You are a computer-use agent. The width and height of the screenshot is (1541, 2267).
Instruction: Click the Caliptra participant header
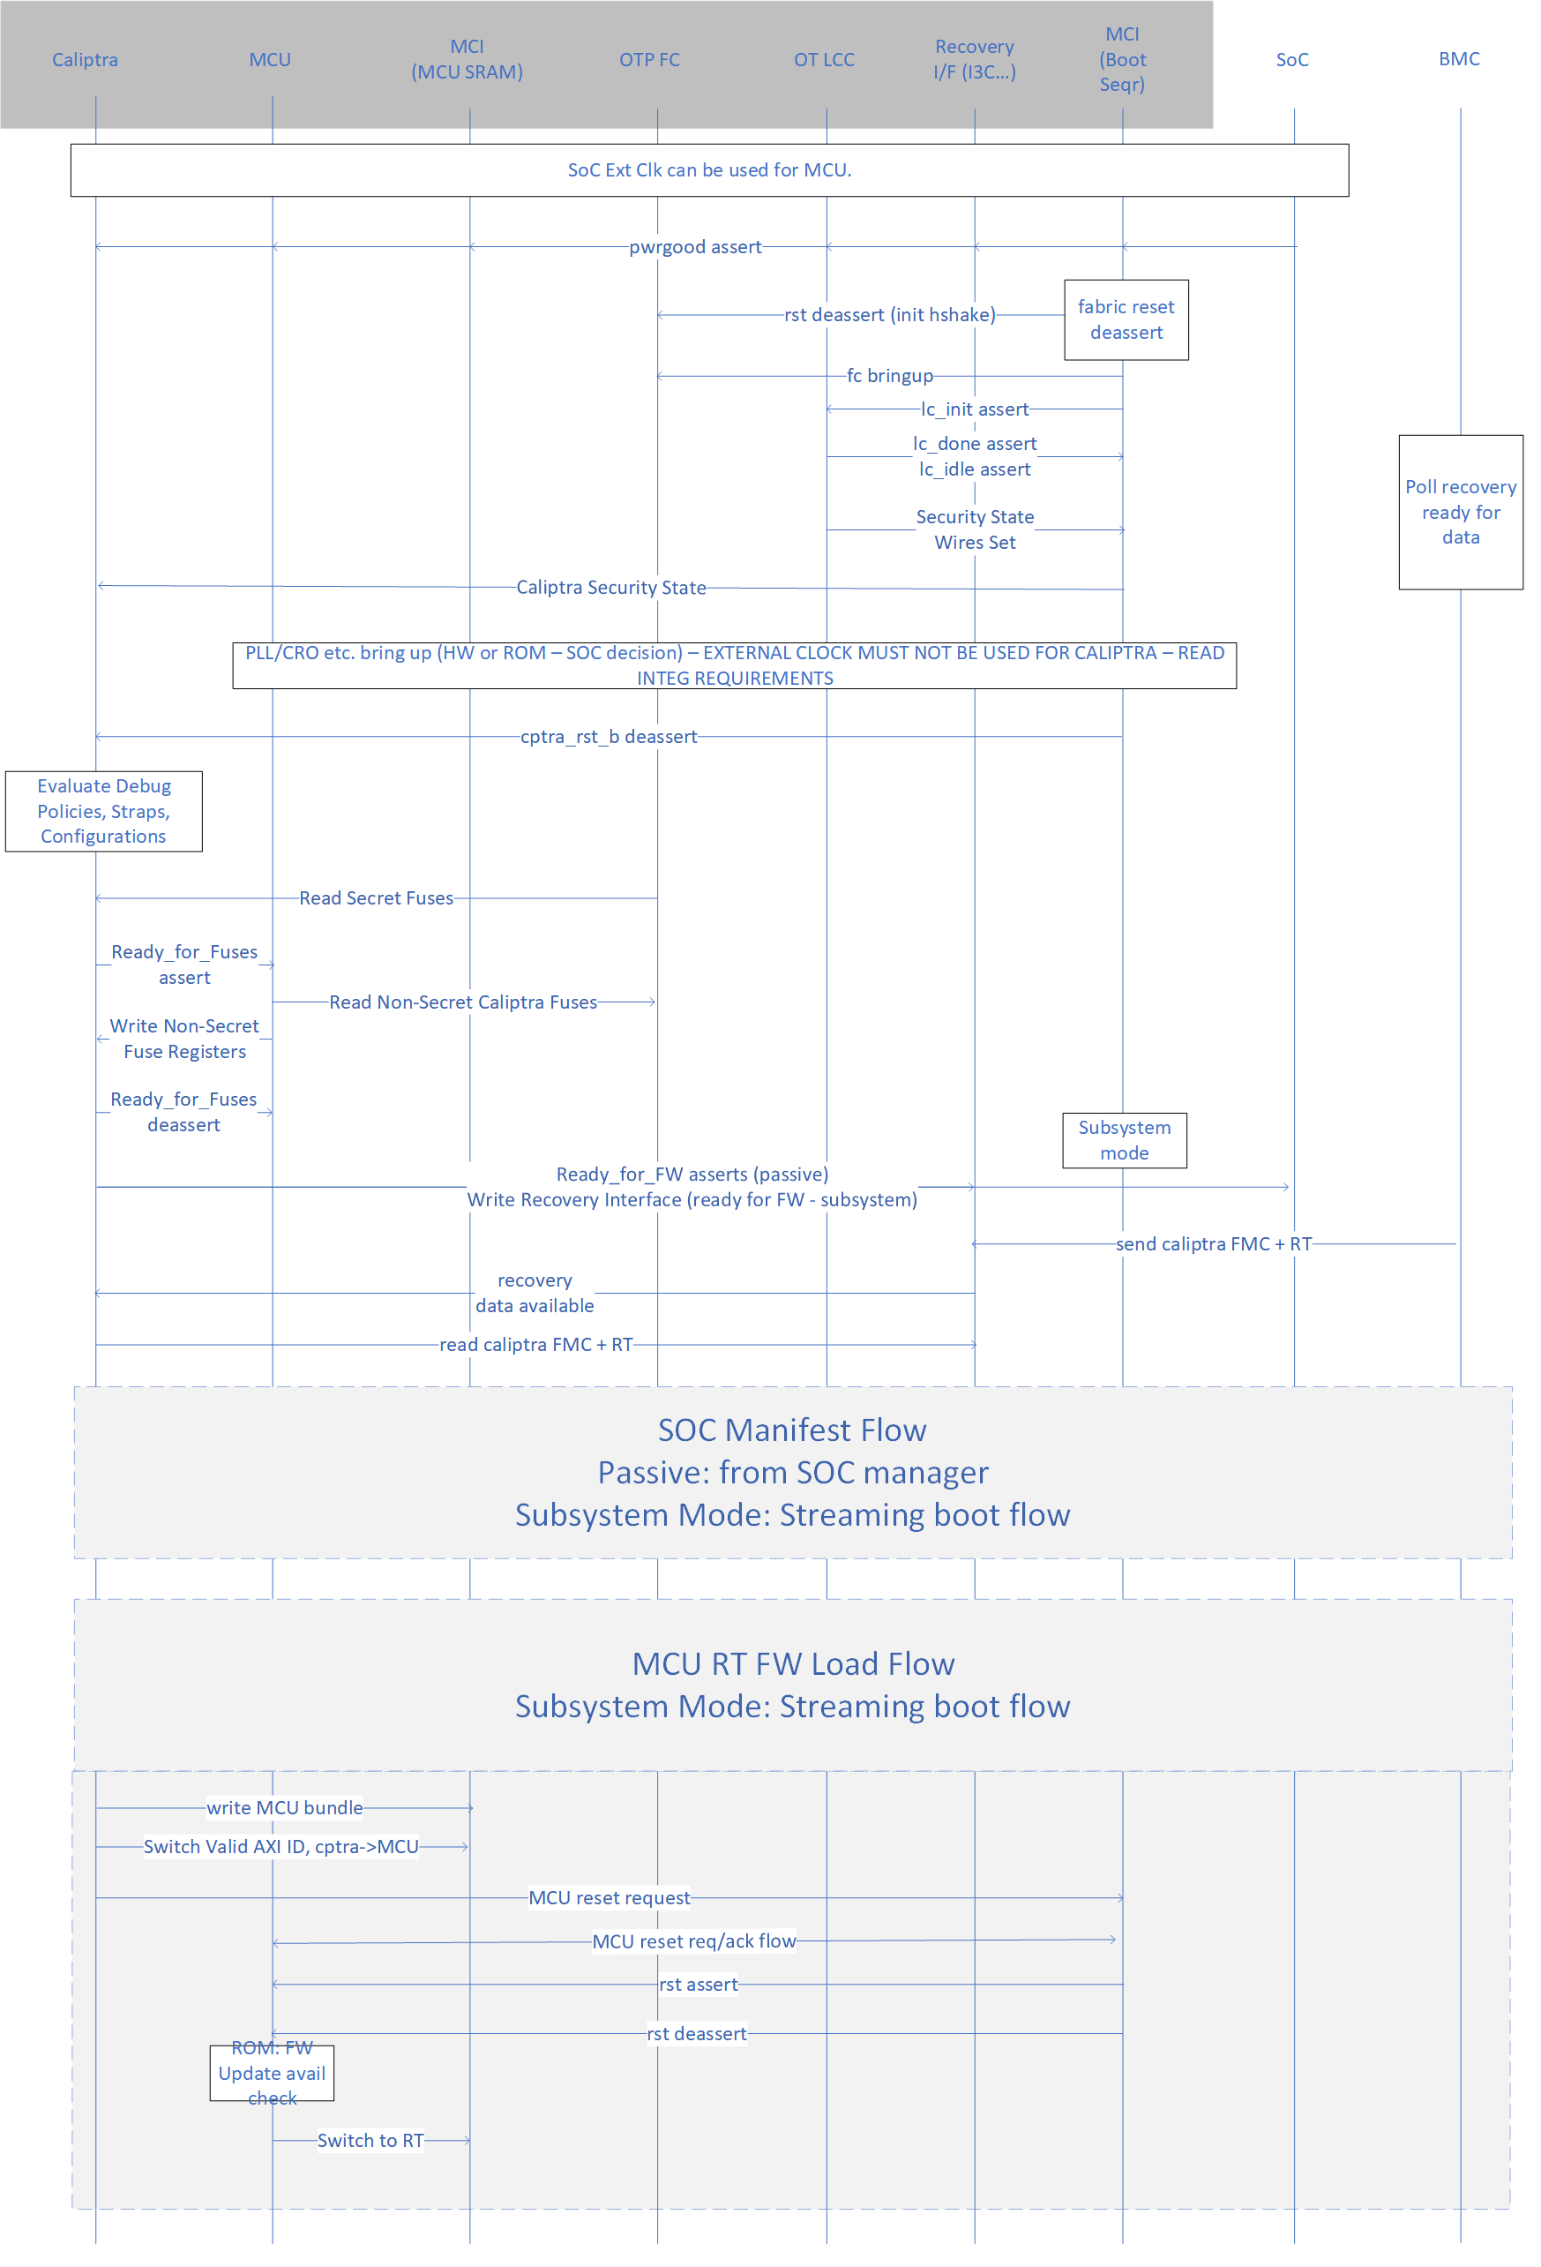(85, 59)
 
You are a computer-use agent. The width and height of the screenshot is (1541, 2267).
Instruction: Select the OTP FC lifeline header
(649, 59)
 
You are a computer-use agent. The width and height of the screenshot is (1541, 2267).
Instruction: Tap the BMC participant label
(1459, 58)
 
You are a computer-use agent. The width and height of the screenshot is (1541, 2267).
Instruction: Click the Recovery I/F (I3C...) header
(975, 59)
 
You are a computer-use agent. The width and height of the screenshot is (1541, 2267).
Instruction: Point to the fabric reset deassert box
(1126, 320)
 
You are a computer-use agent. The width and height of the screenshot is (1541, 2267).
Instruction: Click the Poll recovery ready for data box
(1460, 512)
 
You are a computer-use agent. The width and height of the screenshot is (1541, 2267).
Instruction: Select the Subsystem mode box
(1124, 1140)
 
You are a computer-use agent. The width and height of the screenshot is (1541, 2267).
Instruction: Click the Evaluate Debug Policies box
(103, 812)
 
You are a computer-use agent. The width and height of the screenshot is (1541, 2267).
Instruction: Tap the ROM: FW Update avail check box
(271, 2073)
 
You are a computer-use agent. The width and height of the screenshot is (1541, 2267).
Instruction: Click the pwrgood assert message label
(694, 247)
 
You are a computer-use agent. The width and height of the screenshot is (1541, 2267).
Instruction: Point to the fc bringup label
(889, 376)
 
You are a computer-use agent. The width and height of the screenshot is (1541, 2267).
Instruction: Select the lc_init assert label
(975, 409)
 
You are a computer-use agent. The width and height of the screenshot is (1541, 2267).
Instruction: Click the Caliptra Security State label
(610, 587)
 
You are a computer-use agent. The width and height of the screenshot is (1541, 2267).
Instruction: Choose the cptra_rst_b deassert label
(609, 737)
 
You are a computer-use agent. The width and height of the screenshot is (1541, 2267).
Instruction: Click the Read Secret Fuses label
(376, 898)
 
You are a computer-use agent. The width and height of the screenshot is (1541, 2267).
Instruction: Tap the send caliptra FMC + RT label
(1213, 1243)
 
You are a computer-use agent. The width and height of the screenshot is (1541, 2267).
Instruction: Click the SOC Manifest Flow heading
(792, 1430)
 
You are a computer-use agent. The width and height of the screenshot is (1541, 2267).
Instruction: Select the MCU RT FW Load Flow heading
(792, 1664)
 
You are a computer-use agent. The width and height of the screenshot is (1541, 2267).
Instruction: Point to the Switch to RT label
(370, 2140)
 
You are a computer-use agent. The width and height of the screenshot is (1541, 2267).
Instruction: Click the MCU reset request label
(609, 1897)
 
